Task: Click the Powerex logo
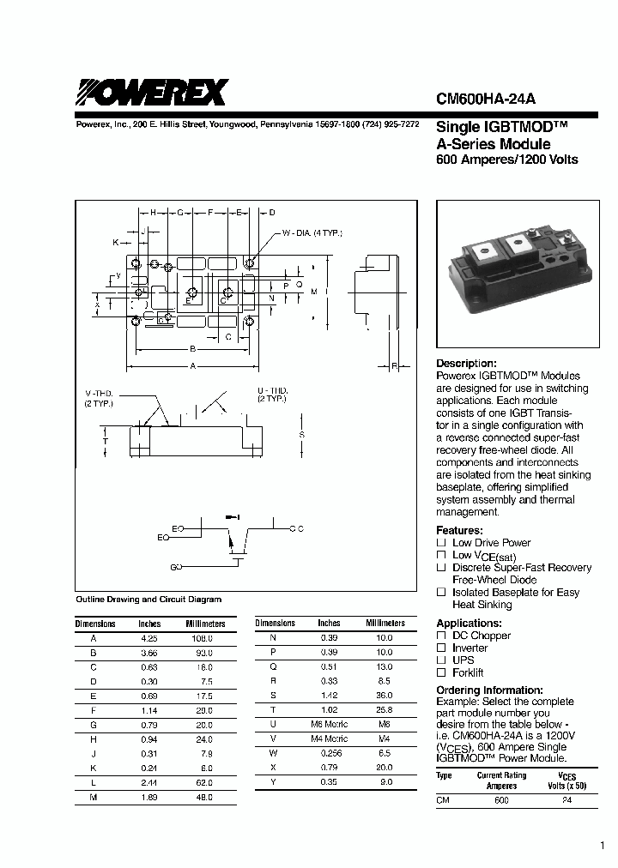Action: pyautogui.click(x=152, y=92)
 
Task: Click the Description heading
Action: pyautogui.click(x=466, y=364)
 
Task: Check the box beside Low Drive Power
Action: pyautogui.click(x=441, y=543)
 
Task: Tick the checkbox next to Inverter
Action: pyautogui.click(x=441, y=648)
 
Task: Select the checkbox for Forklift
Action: pyautogui.click(x=441, y=673)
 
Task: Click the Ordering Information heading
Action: pyautogui.click(x=489, y=690)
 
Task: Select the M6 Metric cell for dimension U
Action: pyautogui.click(x=329, y=723)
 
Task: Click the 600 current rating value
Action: pyautogui.click(x=501, y=800)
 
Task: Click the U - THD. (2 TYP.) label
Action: pyautogui.click(x=272, y=395)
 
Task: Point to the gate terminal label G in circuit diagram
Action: pyautogui.click(x=175, y=568)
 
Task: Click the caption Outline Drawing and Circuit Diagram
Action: pyautogui.click(x=148, y=600)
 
